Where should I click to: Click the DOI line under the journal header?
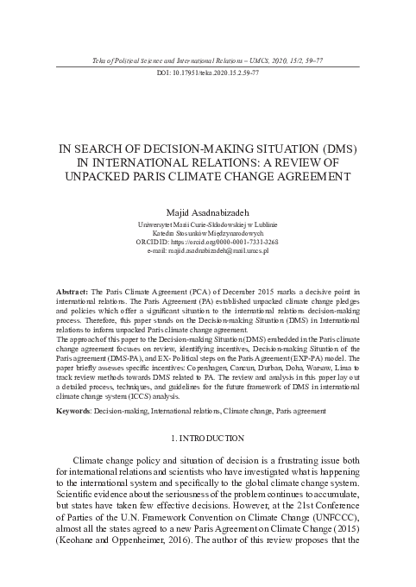(208, 73)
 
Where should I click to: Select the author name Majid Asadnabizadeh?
(208, 211)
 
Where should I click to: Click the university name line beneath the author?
(208, 224)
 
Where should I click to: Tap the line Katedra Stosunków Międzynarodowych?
(208, 232)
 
